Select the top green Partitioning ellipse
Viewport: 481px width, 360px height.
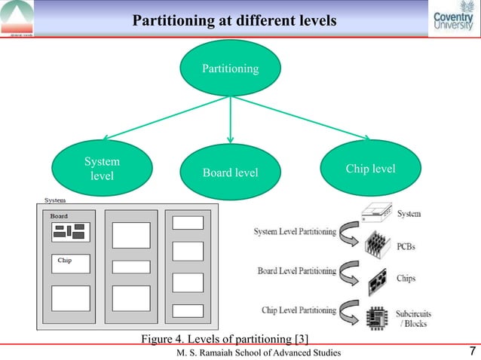[x=230, y=69]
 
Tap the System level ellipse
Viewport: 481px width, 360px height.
[x=102, y=168]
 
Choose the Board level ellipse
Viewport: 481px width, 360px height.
[x=230, y=173]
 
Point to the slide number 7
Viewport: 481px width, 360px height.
[x=471, y=351]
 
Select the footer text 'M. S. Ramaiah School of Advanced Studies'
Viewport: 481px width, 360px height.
[x=258, y=352]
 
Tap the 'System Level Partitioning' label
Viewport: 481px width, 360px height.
[x=296, y=232]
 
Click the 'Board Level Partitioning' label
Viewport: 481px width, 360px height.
[x=297, y=270]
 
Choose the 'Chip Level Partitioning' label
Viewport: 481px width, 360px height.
[x=299, y=309]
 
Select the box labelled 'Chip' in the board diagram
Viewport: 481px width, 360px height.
[x=71, y=263]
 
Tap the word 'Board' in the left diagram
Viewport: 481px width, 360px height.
[x=59, y=216]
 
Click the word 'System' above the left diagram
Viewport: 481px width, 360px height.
[x=54, y=200]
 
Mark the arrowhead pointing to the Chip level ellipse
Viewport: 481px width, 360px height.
[x=366, y=137]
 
